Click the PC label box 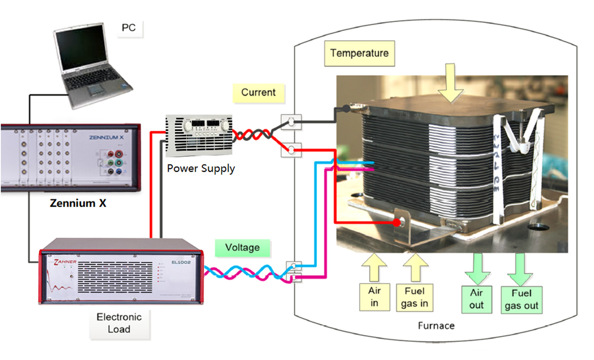click(129, 28)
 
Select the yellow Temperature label click(359, 53)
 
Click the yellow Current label click(258, 92)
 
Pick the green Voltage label click(242, 247)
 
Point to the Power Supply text click(201, 168)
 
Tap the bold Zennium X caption click(78, 203)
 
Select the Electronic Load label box click(119, 323)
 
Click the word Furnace click(436, 326)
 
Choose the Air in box click(374, 297)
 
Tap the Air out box click(476, 299)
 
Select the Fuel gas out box click(521, 300)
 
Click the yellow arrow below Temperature click(450, 84)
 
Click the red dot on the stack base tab click(397, 223)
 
